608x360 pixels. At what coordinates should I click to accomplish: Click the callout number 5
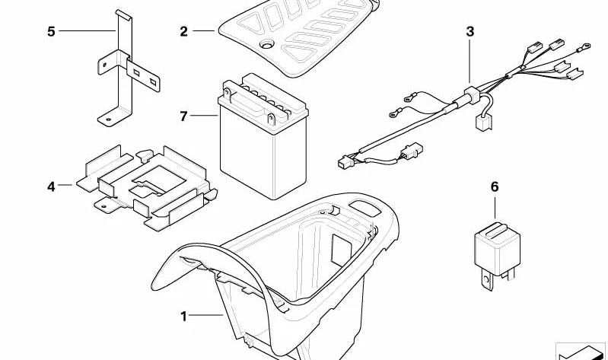(51, 31)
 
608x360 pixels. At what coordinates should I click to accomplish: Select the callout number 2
(184, 31)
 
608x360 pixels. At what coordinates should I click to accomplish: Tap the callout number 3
(470, 31)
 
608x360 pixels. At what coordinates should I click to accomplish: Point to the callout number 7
(184, 116)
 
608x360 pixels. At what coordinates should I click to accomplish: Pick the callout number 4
(51, 186)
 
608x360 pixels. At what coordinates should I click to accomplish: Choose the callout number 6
(495, 186)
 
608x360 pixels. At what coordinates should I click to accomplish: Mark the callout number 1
(184, 317)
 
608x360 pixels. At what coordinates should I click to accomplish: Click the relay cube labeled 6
(497, 248)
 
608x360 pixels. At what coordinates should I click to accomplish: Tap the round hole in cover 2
(267, 44)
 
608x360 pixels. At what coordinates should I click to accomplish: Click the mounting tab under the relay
(486, 279)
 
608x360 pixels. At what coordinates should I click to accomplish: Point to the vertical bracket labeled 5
(125, 68)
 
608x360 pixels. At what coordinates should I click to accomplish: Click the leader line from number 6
(495, 208)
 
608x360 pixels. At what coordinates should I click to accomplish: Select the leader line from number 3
(470, 62)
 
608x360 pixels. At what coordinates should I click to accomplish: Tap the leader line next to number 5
(88, 30)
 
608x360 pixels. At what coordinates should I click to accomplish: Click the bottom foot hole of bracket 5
(108, 119)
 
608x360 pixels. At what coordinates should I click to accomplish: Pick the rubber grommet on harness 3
(470, 95)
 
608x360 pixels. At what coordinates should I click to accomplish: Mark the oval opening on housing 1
(364, 208)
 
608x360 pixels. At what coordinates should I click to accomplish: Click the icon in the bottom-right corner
(581, 351)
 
